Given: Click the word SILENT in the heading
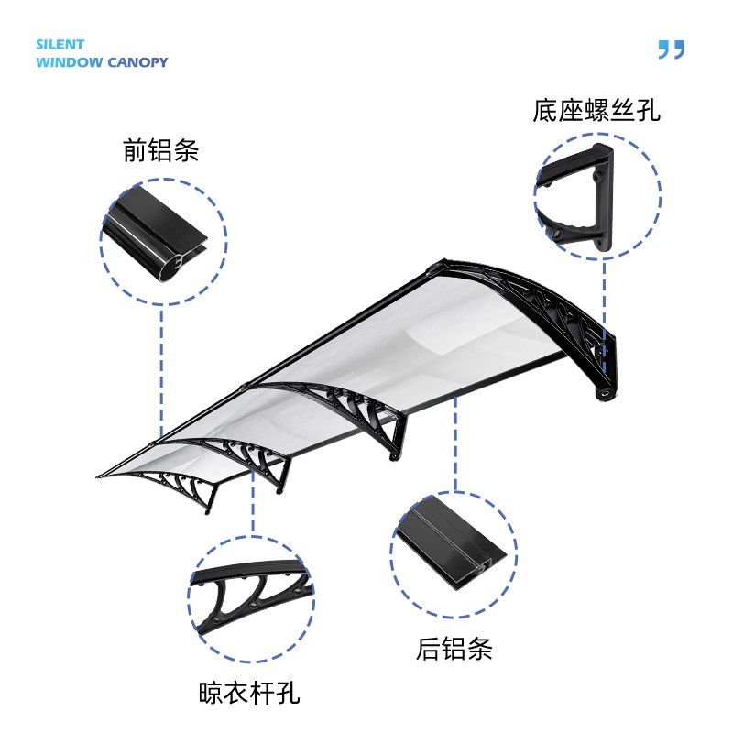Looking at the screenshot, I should tap(60, 44).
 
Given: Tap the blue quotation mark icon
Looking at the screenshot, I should tap(671, 49).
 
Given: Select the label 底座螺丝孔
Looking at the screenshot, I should tap(596, 111).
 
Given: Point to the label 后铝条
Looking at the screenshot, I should tap(454, 649).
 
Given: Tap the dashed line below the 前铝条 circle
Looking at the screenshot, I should tap(162, 366).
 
